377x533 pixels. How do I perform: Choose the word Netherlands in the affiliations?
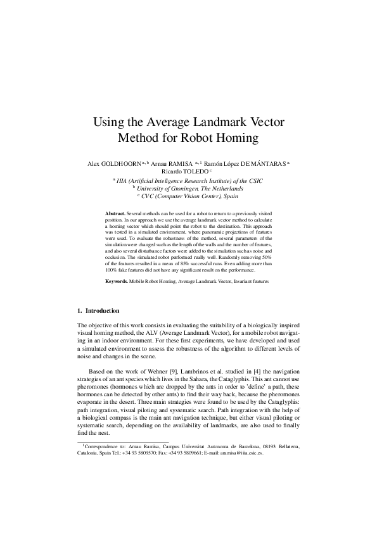[x=222, y=188]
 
